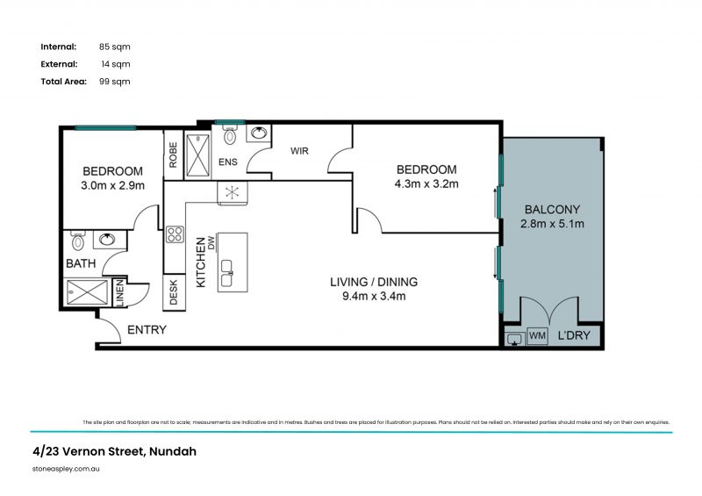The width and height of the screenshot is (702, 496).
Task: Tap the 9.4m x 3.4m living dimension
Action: [x=373, y=297]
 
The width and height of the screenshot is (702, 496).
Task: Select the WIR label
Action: [x=300, y=151]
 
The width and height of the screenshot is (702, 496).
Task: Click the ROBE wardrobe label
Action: [x=173, y=155]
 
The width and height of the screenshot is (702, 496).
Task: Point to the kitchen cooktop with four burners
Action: [x=175, y=234]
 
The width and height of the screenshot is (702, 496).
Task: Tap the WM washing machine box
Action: [x=537, y=336]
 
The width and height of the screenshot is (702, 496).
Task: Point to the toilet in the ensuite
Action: [x=230, y=134]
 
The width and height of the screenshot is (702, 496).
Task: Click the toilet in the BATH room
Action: [x=77, y=241]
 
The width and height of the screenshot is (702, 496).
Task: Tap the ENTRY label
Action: [x=147, y=330]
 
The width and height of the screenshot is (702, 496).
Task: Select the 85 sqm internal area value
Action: [x=115, y=47]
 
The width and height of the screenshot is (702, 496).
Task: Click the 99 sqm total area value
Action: [x=115, y=82]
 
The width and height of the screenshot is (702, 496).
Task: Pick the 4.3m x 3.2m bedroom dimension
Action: [x=427, y=184]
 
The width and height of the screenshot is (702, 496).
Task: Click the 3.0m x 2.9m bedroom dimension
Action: [x=113, y=185]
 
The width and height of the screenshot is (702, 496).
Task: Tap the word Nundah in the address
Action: [x=172, y=452]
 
